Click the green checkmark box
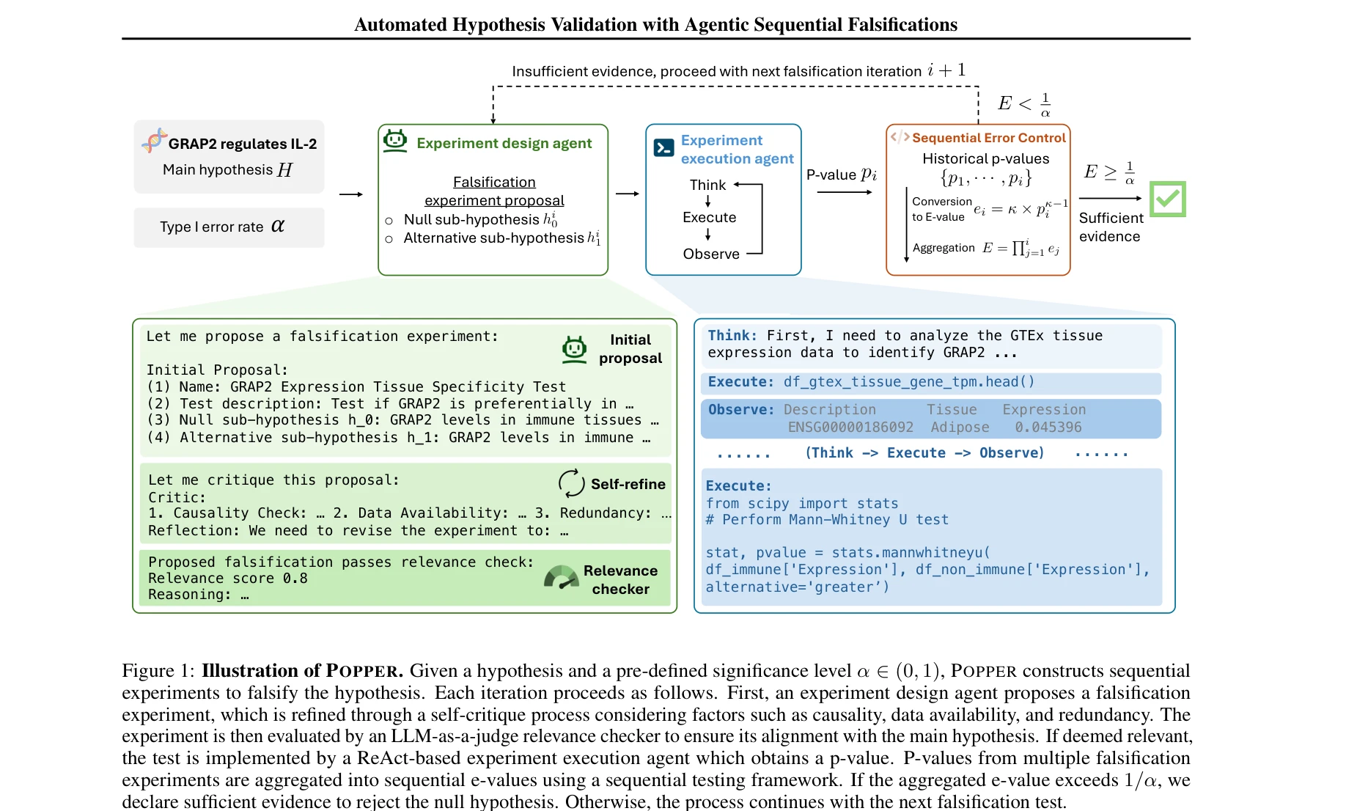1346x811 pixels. pos(1167,199)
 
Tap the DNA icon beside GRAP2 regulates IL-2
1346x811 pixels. pos(154,140)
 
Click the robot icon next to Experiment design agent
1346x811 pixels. pos(395,140)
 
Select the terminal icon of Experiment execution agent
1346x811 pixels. pos(663,148)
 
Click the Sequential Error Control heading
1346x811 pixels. pos(988,138)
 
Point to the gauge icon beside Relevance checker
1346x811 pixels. pos(562,579)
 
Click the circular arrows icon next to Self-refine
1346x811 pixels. pos(571,483)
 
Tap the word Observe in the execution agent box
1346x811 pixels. pos(710,254)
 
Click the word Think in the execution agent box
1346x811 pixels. pos(707,185)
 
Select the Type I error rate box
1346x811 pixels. pos(229,227)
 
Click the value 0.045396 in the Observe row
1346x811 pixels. pos(1048,427)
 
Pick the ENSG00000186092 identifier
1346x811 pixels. pos(850,427)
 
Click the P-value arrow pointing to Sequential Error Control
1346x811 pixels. pos(844,192)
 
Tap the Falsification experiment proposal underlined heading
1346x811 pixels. pos(494,191)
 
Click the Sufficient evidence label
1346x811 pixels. pos(1110,227)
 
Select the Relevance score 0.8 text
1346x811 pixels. pos(227,578)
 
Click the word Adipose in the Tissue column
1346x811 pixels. pos(960,427)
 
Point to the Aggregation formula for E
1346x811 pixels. pos(1022,249)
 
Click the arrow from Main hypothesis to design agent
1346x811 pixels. pos(351,194)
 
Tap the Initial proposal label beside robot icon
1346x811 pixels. pos(630,348)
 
